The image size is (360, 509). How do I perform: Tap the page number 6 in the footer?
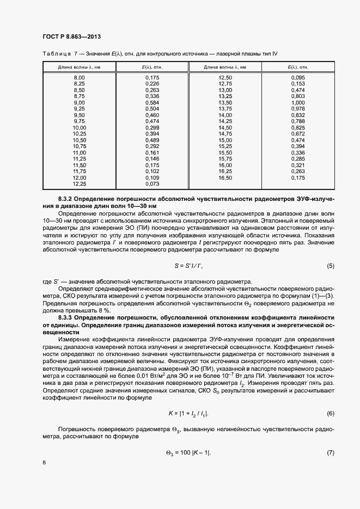[44, 462]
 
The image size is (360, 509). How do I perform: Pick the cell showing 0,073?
[152, 184]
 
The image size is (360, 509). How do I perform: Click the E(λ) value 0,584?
[152, 102]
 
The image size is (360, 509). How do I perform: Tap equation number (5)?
[330, 266]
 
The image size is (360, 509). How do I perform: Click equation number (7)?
[330, 453]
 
